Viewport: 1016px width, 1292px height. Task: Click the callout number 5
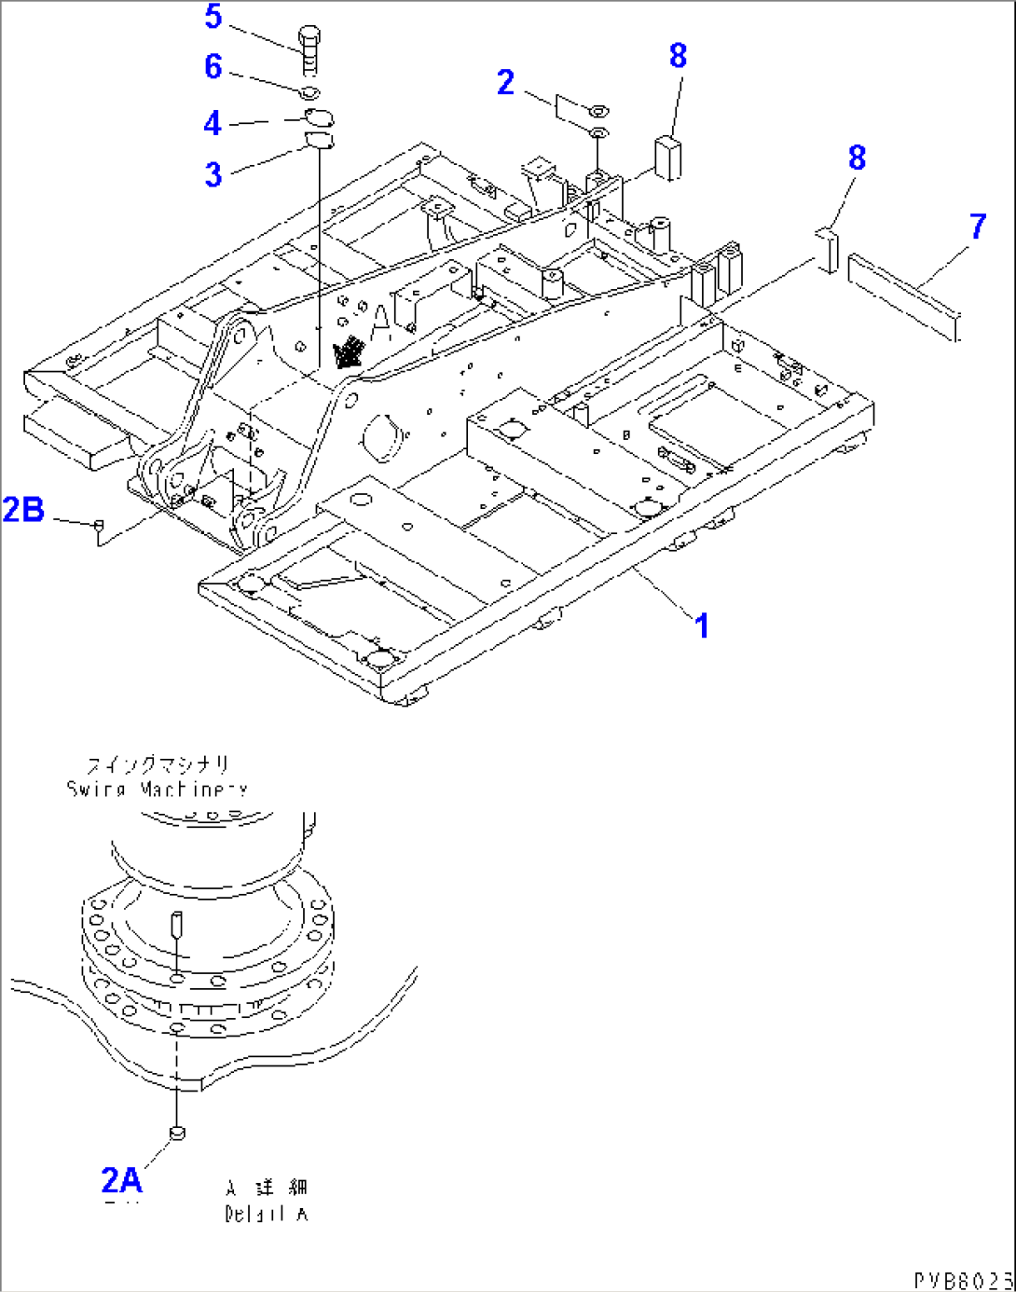click(x=213, y=17)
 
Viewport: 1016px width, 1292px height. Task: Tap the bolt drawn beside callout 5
click(x=309, y=49)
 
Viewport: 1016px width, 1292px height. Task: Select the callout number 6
click(x=213, y=67)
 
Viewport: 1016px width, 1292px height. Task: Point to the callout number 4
click(x=213, y=123)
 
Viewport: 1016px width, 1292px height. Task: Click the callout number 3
click(x=213, y=174)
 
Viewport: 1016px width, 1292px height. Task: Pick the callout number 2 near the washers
click(x=505, y=82)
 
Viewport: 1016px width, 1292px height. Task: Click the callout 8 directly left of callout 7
click(x=857, y=158)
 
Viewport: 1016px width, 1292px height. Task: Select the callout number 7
click(x=977, y=227)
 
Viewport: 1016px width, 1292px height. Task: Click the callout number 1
click(x=702, y=625)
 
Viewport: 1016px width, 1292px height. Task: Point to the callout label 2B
click(x=23, y=510)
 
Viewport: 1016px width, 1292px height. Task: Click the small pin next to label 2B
click(x=96, y=528)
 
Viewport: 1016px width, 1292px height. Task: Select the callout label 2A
click(x=121, y=1180)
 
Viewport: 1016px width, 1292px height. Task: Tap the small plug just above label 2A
click(x=176, y=1132)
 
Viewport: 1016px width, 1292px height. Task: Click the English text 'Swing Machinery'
click(x=157, y=790)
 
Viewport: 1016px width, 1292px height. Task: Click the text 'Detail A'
click(x=266, y=1214)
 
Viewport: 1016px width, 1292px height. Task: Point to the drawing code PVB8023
click(x=963, y=1280)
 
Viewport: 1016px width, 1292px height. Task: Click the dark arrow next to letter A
click(x=350, y=352)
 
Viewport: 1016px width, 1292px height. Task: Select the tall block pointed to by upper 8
click(x=666, y=156)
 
